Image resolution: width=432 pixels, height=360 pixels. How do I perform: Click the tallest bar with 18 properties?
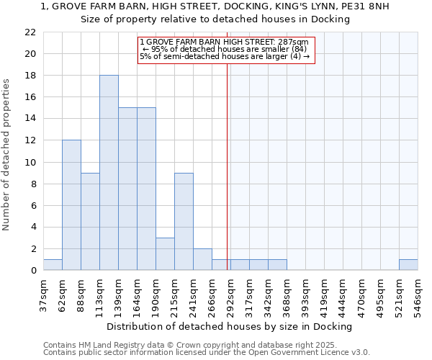(x=109, y=173)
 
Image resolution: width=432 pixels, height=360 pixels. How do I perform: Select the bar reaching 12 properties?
(x=71, y=205)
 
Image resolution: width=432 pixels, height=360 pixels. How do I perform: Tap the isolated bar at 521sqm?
(x=408, y=265)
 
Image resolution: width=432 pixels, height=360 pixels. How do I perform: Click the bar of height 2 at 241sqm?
(x=202, y=259)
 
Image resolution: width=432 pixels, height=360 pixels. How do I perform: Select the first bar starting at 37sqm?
(x=53, y=265)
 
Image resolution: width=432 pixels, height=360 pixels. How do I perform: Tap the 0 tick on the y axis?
(x=33, y=271)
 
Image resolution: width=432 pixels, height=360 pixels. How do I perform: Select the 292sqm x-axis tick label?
(x=231, y=294)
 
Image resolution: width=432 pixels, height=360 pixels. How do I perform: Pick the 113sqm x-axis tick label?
(x=100, y=294)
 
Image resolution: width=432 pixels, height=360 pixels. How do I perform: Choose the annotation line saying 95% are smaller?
(x=223, y=49)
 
